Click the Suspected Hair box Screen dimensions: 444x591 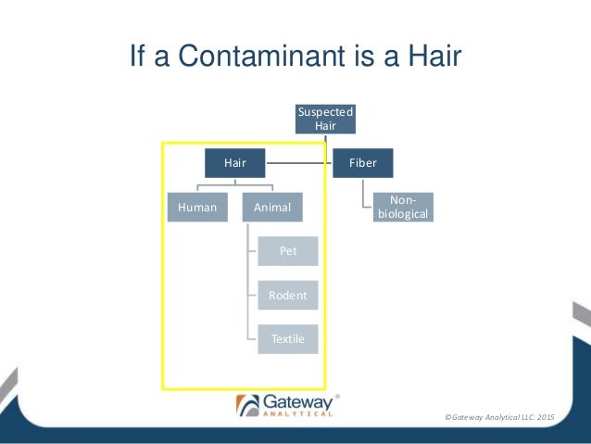point(325,119)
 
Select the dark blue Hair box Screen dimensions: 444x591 point(234,163)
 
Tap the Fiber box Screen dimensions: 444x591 point(362,163)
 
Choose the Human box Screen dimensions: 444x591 point(196,208)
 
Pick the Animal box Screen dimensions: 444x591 point(272,208)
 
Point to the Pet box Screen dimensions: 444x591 point(288,250)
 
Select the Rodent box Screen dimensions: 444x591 point(288,295)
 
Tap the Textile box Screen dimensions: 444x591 point(288,338)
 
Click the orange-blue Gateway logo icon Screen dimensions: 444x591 point(247,405)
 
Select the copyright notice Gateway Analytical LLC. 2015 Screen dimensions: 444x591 point(498,419)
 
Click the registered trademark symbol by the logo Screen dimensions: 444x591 point(336,396)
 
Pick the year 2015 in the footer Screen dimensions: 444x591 point(543,419)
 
